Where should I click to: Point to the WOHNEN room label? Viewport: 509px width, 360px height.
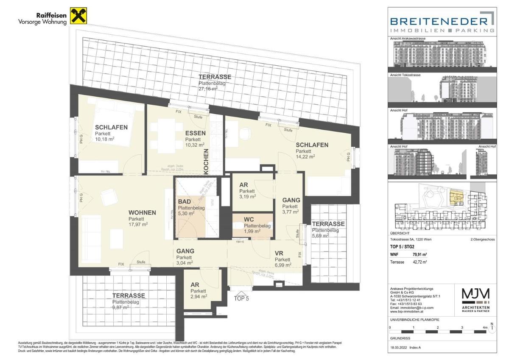point(142,213)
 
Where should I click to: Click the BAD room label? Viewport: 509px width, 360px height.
point(185,202)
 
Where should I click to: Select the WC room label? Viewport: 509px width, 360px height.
point(249,219)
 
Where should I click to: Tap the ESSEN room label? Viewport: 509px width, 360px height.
point(195,133)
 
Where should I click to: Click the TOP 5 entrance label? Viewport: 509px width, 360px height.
point(241,298)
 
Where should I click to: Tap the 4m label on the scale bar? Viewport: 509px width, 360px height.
point(485,328)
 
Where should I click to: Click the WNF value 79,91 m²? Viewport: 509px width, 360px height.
point(420,255)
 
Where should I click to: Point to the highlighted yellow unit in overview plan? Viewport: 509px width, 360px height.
point(456,198)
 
